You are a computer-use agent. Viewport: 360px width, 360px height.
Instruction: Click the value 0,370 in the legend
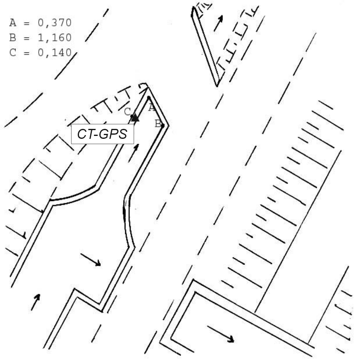[x=54, y=23]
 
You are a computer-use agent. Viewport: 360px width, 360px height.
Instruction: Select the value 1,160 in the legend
[x=54, y=38]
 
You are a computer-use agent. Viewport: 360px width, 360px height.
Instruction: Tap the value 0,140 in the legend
[x=54, y=52]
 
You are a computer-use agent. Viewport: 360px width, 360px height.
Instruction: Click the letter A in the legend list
[x=13, y=23]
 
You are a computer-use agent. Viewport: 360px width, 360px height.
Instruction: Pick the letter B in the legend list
[x=13, y=38]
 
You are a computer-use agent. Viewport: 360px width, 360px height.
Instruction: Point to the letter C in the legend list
[x=13, y=52]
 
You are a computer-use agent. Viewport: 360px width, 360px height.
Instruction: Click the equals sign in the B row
[x=27, y=38]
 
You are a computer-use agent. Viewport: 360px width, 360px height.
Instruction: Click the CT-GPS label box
[x=102, y=134]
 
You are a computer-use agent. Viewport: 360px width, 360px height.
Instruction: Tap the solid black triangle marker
[x=135, y=118]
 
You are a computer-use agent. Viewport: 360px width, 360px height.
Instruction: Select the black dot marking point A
[x=149, y=98]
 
